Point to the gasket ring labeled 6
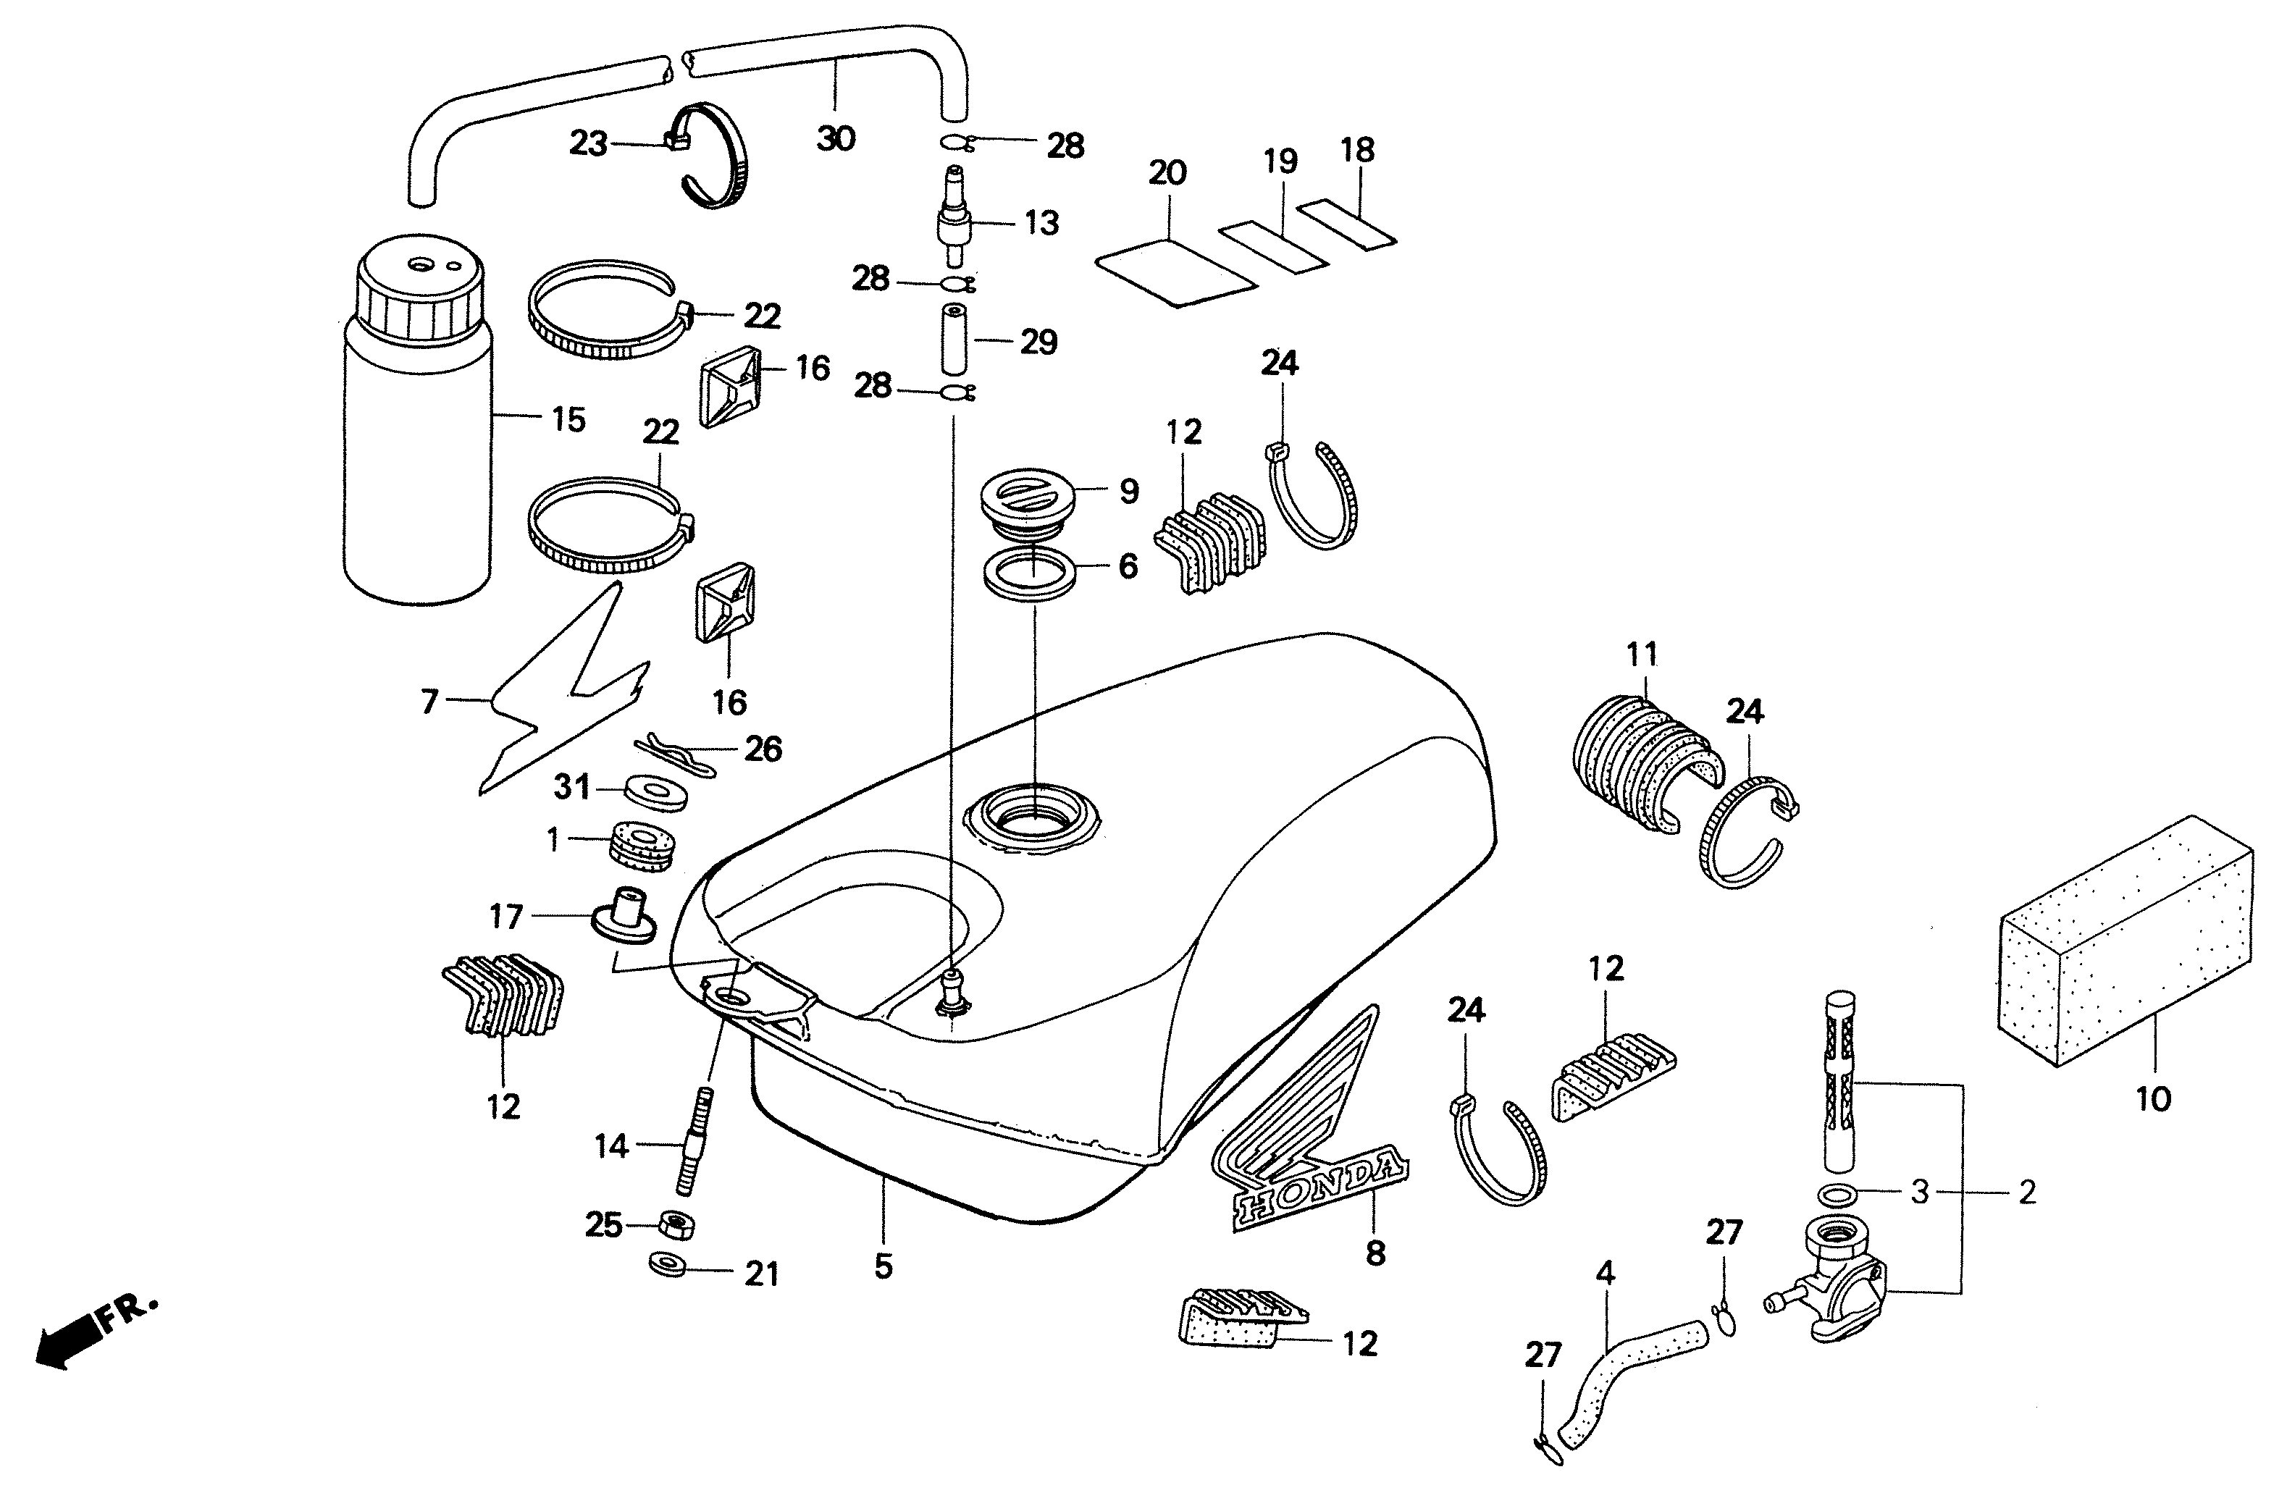tap(1028, 573)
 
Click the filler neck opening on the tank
tap(1033, 817)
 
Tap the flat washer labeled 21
tap(668, 1264)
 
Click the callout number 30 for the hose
tap(835, 139)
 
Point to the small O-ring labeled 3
tap(1838, 1194)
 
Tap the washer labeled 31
tap(656, 791)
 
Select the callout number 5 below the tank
tap(883, 1266)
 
